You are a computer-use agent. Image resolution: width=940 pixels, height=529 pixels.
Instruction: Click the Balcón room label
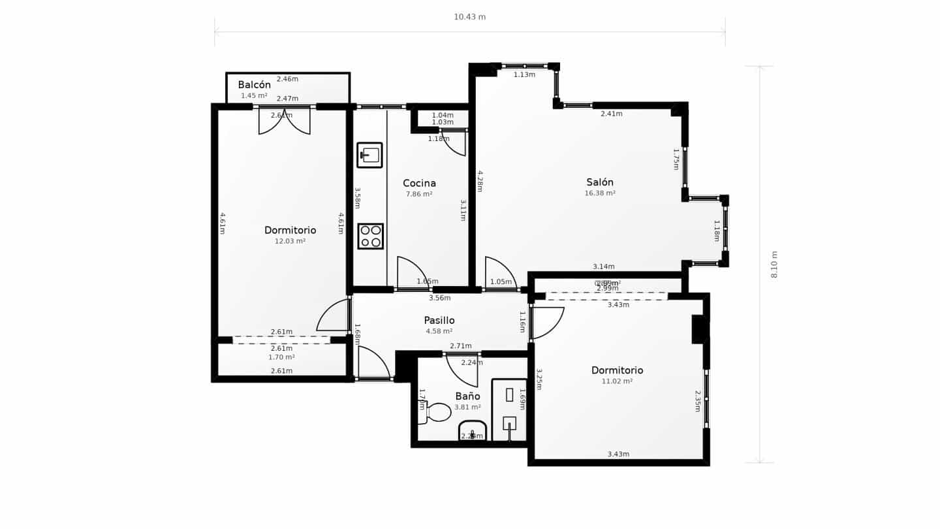pyautogui.click(x=254, y=85)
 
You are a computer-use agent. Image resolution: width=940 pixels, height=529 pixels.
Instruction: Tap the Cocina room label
pyautogui.click(x=419, y=184)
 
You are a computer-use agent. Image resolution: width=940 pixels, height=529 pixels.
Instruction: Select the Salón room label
pyautogui.click(x=599, y=182)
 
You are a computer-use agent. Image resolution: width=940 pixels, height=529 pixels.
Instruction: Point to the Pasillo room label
pyautogui.click(x=439, y=321)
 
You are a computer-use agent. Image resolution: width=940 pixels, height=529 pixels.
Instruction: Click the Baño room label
pyautogui.click(x=467, y=396)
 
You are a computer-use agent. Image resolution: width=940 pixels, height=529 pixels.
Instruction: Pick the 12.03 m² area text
pyautogui.click(x=290, y=241)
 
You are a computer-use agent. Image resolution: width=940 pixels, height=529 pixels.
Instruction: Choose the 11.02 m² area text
pyautogui.click(x=617, y=381)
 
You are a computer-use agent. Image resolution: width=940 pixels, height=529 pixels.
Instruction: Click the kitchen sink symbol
pyautogui.click(x=369, y=155)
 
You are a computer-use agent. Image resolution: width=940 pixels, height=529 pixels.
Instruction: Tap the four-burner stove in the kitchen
pyautogui.click(x=370, y=236)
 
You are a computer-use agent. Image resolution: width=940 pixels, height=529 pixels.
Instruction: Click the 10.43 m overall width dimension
pyautogui.click(x=469, y=17)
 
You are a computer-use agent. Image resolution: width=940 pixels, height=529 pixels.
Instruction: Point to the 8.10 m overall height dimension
pyautogui.click(x=775, y=264)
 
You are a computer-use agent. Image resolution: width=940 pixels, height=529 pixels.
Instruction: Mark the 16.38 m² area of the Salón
pyautogui.click(x=599, y=193)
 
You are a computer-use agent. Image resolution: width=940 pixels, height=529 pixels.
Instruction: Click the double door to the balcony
pyautogui.click(x=284, y=121)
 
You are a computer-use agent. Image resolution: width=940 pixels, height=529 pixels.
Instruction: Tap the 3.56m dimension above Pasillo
pyautogui.click(x=439, y=298)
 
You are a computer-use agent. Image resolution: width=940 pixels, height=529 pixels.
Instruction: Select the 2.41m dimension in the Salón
pyautogui.click(x=611, y=114)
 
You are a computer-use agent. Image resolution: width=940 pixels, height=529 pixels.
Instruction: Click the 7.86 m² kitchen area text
pyautogui.click(x=419, y=194)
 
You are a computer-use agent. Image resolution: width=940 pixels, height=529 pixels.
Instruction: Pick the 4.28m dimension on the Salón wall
pyautogui.click(x=480, y=181)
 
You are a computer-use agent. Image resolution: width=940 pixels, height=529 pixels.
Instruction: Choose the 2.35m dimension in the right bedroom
pyautogui.click(x=697, y=401)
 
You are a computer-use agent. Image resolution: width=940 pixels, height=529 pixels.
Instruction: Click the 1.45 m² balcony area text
pyautogui.click(x=254, y=96)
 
